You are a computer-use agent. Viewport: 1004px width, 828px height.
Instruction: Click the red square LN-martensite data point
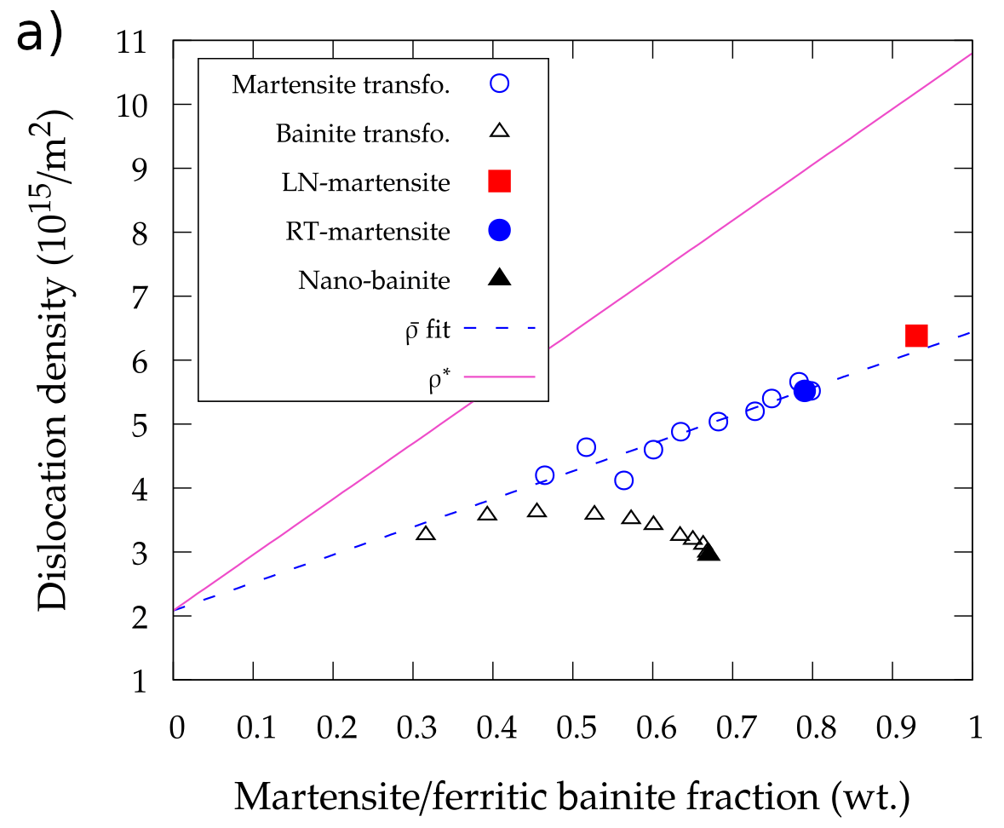[x=915, y=336]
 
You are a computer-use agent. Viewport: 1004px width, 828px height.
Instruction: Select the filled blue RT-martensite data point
[x=804, y=391]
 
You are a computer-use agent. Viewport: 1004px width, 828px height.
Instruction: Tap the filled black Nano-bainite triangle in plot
[x=709, y=553]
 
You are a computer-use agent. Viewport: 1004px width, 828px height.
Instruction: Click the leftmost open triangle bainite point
[x=426, y=533]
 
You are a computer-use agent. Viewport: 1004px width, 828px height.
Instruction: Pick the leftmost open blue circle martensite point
[x=545, y=475]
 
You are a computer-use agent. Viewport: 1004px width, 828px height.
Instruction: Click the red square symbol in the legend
[x=500, y=181]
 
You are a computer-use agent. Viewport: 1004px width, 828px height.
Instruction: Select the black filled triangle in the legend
[x=500, y=278]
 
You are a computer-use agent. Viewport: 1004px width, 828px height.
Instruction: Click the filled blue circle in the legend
[x=500, y=230]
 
